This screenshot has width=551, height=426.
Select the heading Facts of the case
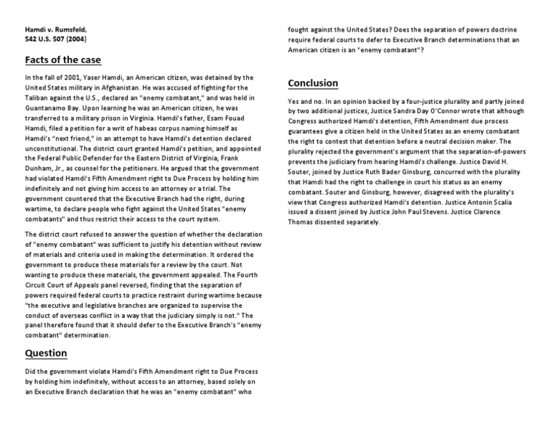pyautogui.click(x=63, y=60)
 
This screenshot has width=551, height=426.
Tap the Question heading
pyautogui.click(x=46, y=353)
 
